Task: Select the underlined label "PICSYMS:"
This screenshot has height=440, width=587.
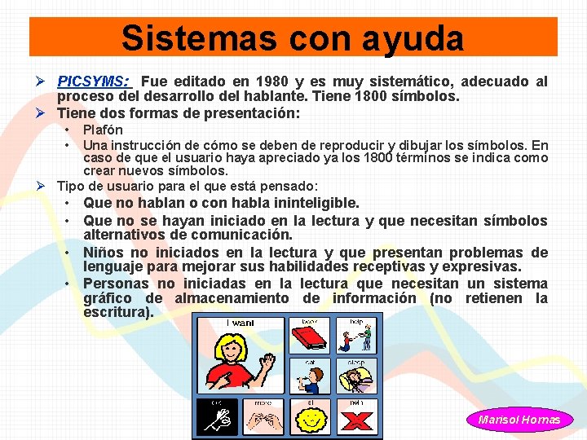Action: tap(93, 81)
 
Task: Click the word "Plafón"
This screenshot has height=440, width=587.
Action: tap(103, 130)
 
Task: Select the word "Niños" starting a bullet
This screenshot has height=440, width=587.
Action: tap(104, 253)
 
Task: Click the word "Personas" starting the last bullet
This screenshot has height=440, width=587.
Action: tap(117, 284)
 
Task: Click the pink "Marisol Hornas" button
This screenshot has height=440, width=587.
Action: tap(519, 420)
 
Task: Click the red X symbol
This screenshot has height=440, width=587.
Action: tap(358, 418)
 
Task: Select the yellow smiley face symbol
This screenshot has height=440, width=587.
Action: tap(311, 419)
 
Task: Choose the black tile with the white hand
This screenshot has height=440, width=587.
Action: tap(217, 417)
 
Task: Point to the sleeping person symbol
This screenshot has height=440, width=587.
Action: tap(357, 377)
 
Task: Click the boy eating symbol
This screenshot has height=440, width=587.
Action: tap(311, 377)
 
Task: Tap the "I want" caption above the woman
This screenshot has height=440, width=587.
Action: tap(240, 323)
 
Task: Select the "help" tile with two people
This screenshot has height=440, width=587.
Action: tap(358, 336)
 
